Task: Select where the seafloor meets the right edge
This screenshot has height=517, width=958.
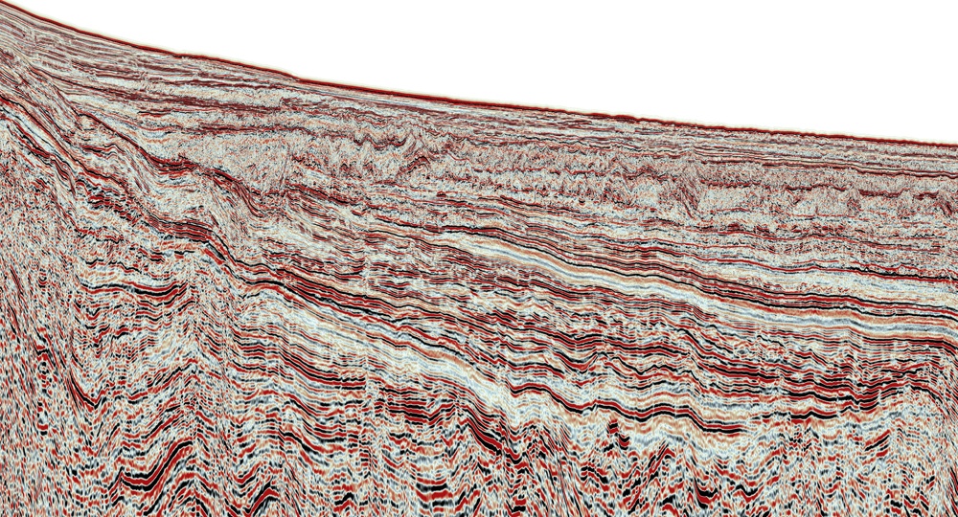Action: [955, 145]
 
